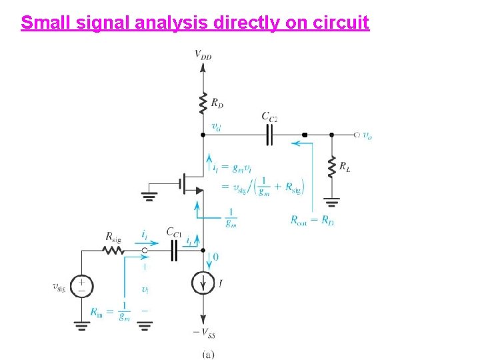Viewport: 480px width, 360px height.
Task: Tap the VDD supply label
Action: (x=203, y=55)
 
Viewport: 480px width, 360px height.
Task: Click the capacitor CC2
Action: (x=269, y=135)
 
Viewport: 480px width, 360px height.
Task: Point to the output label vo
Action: (x=367, y=135)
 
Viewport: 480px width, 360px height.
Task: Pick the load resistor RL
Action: (x=331, y=167)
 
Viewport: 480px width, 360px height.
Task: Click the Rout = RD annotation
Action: (x=312, y=220)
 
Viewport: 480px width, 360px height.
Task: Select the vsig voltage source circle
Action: (x=82, y=287)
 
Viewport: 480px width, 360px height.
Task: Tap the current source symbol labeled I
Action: (x=203, y=283)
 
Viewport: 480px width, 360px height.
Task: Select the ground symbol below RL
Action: (x=331, y=199)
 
